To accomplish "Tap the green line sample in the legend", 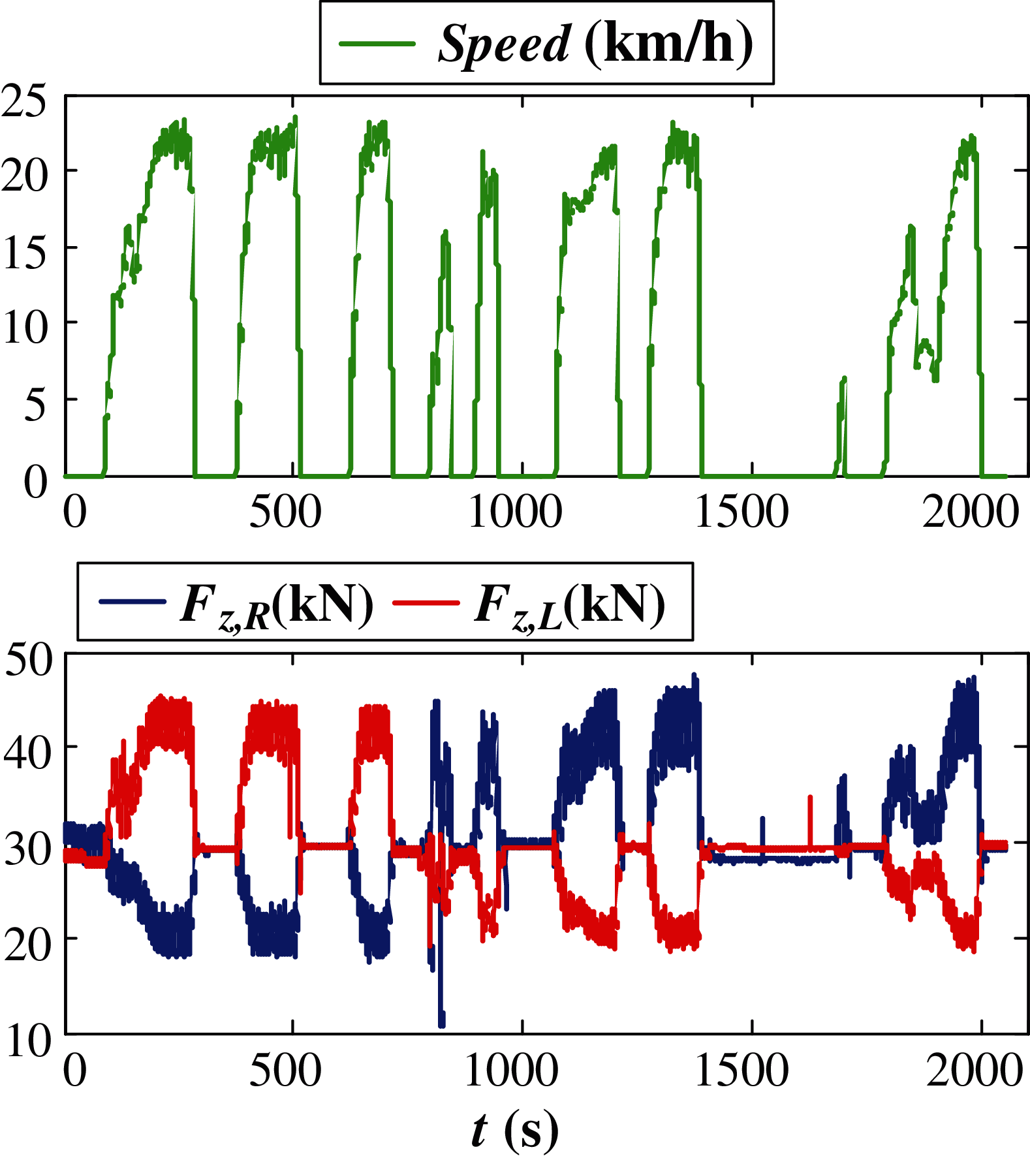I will click(377, 44).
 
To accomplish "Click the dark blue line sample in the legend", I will click(133, 601).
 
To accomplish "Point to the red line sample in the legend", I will click(426, 602).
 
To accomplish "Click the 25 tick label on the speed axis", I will click(25, 101).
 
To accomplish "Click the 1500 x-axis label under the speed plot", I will click(741, 511).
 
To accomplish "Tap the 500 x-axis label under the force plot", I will click(285, 1071).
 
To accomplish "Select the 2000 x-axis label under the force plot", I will click(974, 1071).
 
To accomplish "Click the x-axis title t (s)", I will click(514, 1129).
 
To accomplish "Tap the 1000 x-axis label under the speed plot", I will click(515, 511).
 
